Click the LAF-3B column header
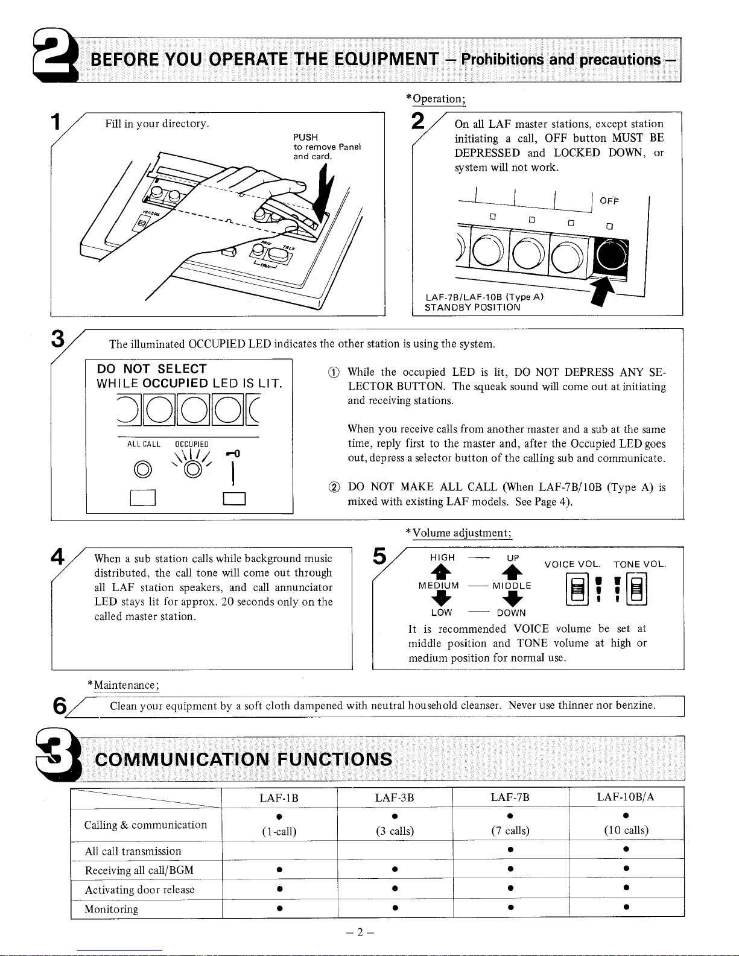[x=395, y=797]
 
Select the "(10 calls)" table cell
[x=626, y=831]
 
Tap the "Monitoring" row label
[x=112, y=909]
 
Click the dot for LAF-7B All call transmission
[x=510, y=850]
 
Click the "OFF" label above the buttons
[x=609, y=201]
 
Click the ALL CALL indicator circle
[x=143, y=469]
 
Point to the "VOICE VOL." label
[x=572, y=565]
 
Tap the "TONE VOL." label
[x=639, y=565]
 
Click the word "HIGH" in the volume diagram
[x=442, y=557]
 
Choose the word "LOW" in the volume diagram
[x=442, y=612]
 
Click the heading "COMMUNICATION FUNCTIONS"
[x=244, y=759]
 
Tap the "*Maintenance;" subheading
[x=123, y=685]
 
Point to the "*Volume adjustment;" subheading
[x=458, y=533]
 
